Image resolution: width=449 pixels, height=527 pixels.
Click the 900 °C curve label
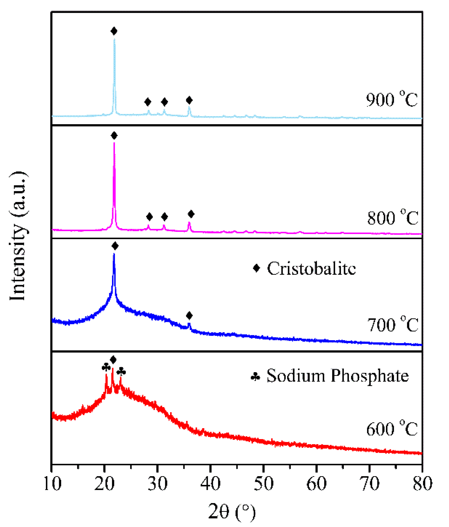pyautogui.click(x=391, y=100)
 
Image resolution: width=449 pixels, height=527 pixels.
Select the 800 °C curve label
pyautogui.click(x=392, y=218)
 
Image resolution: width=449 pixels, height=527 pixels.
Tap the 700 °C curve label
pyautogui.click(x=392, y=325)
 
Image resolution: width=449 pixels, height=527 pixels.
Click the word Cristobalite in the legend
pyautogui.click(x=311, y=268)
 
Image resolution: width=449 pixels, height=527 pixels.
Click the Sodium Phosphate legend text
pyautogui.click(x=337, y=376)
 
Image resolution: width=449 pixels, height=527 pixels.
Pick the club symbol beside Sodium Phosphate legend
pyautogui.click(x=255, y=377)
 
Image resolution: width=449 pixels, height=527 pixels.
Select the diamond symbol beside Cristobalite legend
pyautogui.click(x=256, y=268)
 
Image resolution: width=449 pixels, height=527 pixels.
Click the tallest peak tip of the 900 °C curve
pyautogui.click(x=114, y=39)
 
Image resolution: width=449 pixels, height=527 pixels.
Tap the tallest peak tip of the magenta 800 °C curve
pyautogui.click(x=114, y=143)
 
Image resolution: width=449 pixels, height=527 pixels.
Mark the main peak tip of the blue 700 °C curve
pyautogui.click(x=114, y=254)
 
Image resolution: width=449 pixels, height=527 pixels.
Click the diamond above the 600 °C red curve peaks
pyautogui.click(x=113, y=360)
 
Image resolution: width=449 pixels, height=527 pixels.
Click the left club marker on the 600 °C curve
pyautogui.click(x=106, y=368)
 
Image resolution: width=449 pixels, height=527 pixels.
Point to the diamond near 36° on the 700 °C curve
pyautogui.click(x=189, y=316)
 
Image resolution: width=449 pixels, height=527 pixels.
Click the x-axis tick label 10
pyautogui.click(x=52, y=484)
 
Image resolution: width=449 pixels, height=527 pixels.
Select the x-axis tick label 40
pyautogui.click(x=210, y=484)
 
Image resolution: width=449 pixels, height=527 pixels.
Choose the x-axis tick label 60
pyautogui.click(x=316, y=484)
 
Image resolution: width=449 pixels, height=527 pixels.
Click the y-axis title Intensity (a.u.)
pyautogui.click(x=18, y=236)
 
